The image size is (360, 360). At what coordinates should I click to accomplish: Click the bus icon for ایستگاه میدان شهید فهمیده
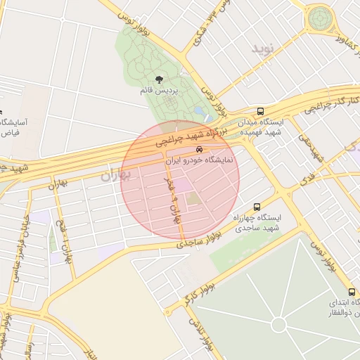261,111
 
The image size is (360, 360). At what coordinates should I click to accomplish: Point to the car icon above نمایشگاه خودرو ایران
200,149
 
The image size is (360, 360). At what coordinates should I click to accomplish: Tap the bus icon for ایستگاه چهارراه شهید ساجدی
257,207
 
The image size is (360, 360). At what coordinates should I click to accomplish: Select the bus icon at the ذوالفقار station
352,292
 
